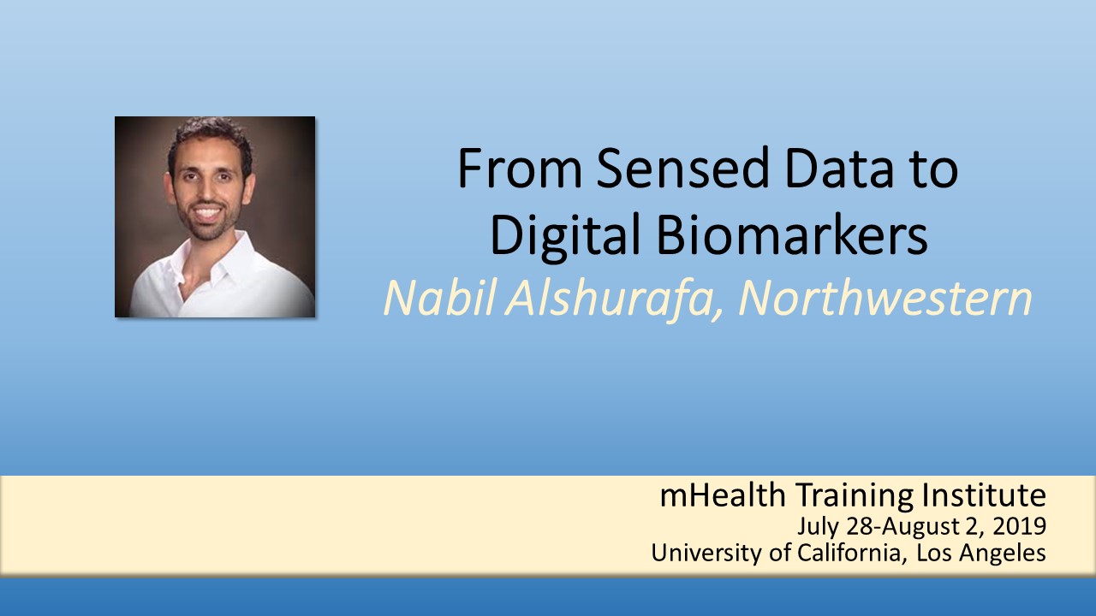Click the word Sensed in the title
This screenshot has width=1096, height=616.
point(682,169)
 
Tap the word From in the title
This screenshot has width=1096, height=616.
point(520,169)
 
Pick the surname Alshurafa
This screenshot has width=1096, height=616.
point(614,299)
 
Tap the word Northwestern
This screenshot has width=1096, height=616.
point(885,299)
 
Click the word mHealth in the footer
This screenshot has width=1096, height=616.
point(723,495)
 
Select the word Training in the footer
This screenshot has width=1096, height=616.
point(855,495)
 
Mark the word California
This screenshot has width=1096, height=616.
point(849,553)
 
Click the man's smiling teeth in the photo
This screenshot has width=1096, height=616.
point(207,213)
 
